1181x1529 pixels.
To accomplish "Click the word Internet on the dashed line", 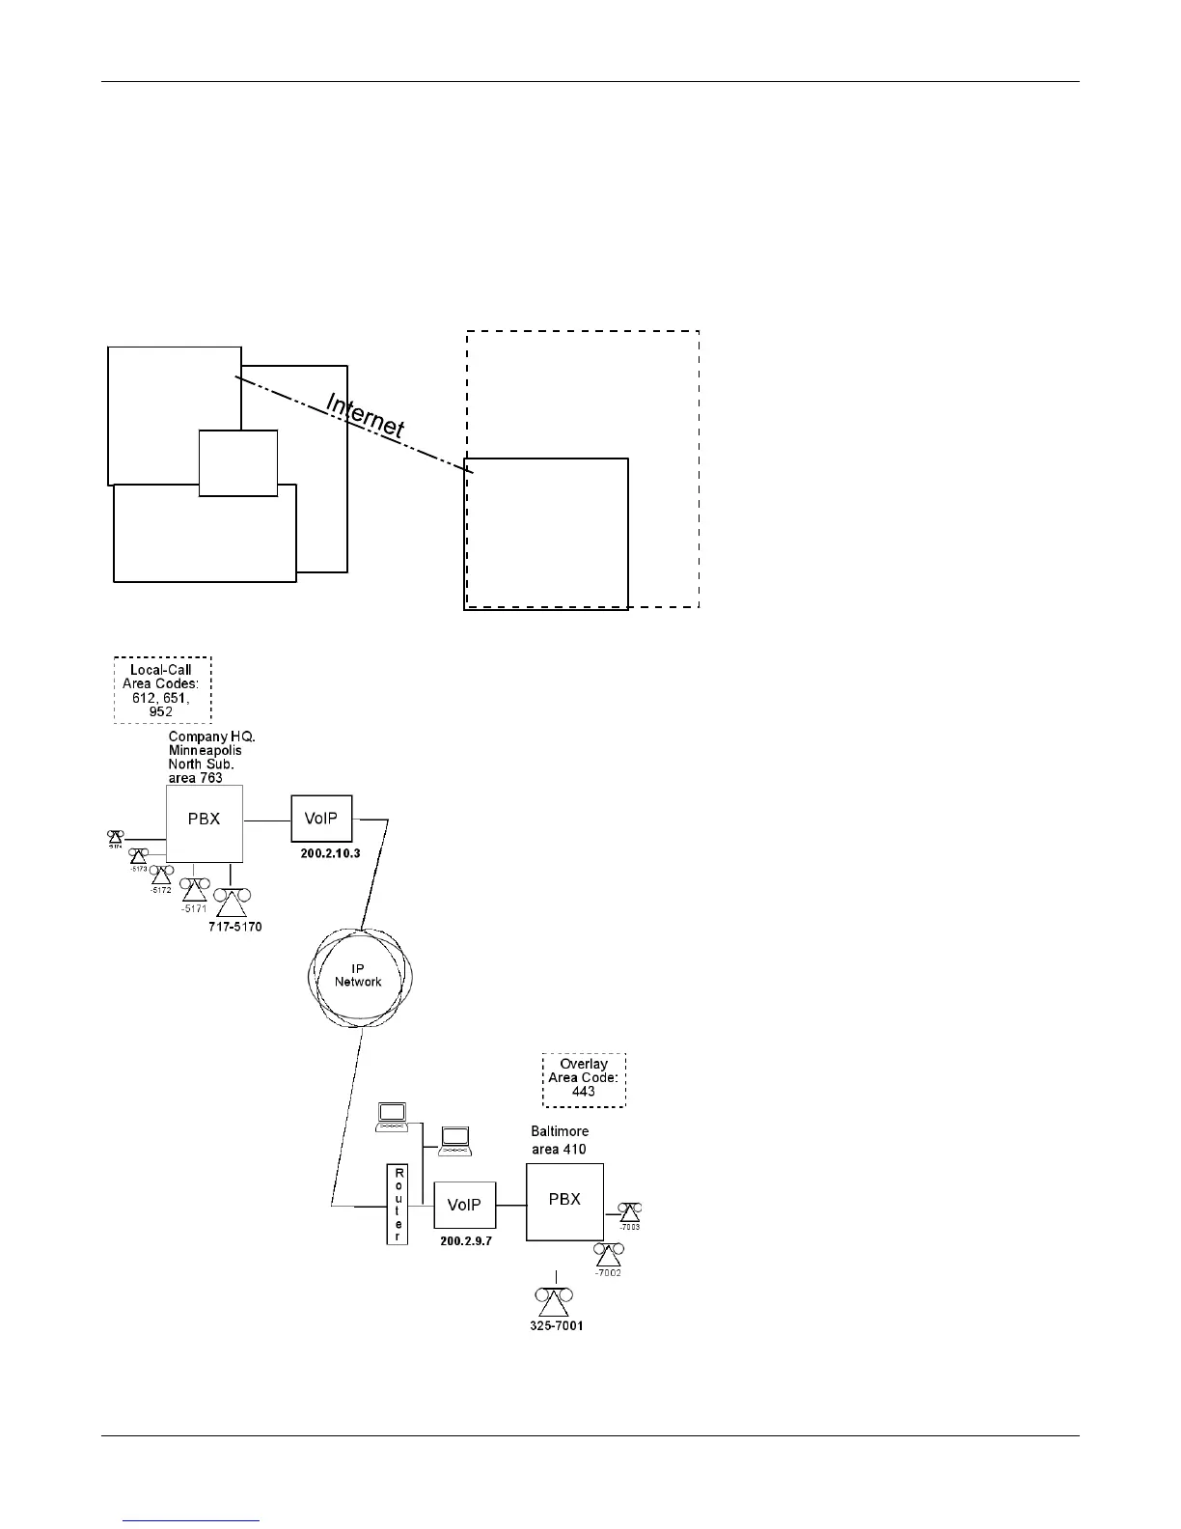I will (x=365, y=416).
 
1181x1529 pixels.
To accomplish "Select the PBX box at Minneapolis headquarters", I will (x=204, y=822).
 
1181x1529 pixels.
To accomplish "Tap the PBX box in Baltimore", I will (x=564, y=1201).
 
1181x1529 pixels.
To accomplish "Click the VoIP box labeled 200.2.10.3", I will (x=321, y=819).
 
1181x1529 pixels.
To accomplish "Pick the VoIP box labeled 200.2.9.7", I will (x=464, y=1205).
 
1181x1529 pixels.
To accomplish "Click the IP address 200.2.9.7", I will (x=466, y=1241).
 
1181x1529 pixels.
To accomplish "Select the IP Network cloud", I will (x=359, y=976).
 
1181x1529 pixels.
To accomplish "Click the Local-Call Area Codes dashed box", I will (x=162, y=690).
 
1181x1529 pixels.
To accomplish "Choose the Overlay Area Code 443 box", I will (x=584, y=1078).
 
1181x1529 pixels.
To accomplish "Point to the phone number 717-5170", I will (x=235, y=927).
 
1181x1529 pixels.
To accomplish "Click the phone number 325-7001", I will (x=557, y=1326).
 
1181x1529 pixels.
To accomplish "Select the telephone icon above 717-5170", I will (x=232, y=903).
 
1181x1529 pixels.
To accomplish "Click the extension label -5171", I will (x=194, y=908).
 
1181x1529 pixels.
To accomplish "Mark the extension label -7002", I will (x=608, y=1273).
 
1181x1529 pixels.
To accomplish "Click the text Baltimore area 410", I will (x=560, y=1140).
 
